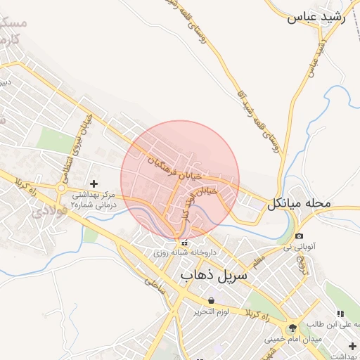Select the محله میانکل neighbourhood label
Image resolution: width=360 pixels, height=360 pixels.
[x=298, y=204]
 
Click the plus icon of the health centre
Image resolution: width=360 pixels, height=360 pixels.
[x=95, y=184]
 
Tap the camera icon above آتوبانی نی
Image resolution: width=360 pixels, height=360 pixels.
[x=300, y=236]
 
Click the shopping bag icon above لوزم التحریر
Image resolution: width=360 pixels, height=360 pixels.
[x=212, y=300]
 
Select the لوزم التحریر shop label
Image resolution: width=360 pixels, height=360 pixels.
[x=212, y=311]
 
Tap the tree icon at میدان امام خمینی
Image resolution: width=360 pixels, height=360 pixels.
[x=292, y=328]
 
